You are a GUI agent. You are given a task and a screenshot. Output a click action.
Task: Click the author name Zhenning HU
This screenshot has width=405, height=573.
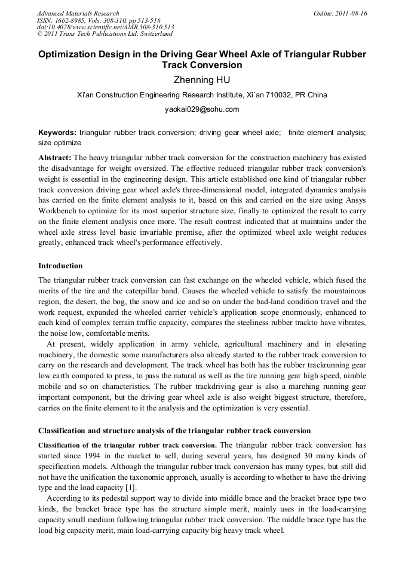click(x=202, y=80)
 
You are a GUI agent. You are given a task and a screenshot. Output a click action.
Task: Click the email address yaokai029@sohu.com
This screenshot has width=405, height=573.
click(x=202, y=109)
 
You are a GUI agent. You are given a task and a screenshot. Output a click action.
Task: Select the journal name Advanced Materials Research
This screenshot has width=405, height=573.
click(x=78, y=13)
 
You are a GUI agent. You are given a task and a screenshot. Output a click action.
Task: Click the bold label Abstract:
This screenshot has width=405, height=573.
click(x=54, y=158)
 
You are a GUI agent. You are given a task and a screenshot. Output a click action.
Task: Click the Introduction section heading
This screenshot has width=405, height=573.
click(x=60, y=265)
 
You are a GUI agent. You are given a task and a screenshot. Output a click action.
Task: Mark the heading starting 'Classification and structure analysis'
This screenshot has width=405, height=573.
click(x=174, y=430)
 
